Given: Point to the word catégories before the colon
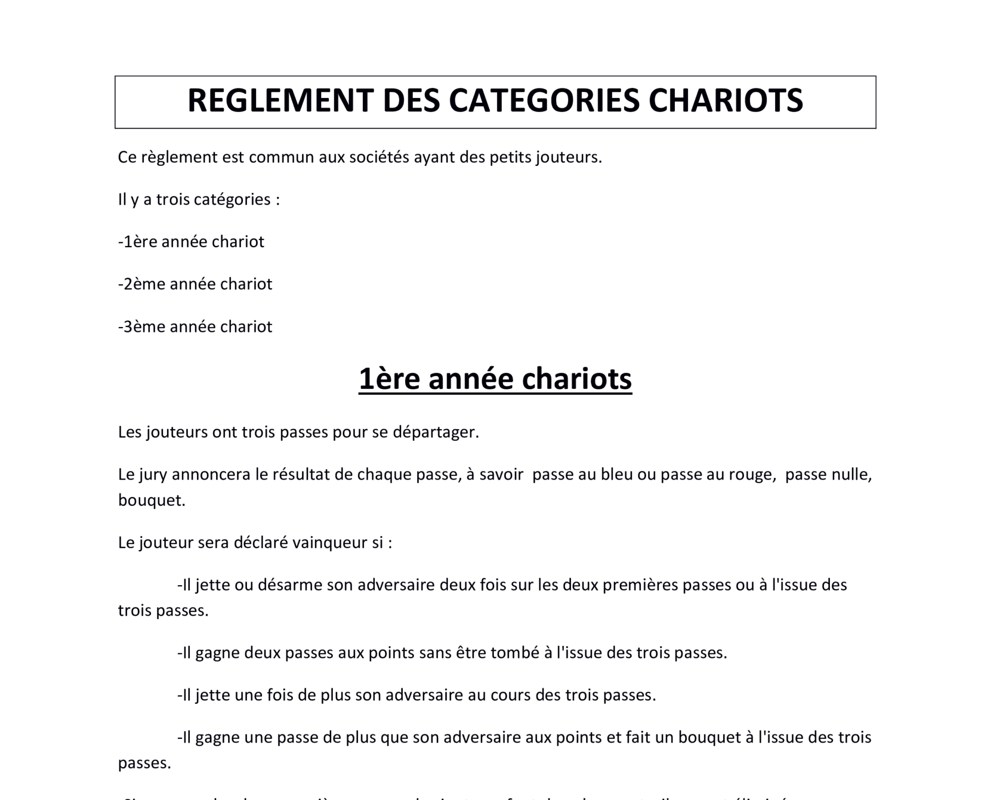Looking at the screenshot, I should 232,200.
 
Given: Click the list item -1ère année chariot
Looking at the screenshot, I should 191,242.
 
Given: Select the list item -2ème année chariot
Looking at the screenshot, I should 195,284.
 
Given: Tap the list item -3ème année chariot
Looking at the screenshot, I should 195,326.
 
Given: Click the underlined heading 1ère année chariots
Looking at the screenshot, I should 495,378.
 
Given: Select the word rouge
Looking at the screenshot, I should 751,475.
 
